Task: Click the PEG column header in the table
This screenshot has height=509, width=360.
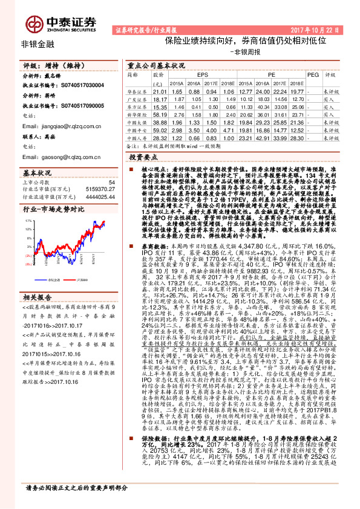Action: pos(313,74)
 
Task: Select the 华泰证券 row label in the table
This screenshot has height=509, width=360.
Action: pos(137,90)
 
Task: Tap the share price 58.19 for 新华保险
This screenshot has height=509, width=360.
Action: pos(160,113)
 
